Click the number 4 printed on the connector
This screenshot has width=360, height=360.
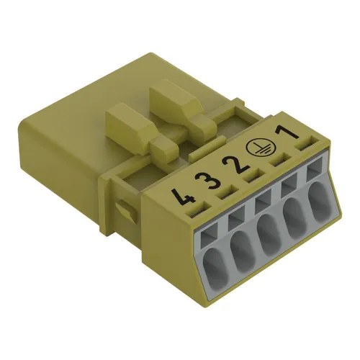coord(177,193)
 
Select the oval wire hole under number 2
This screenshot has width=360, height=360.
coord(269,236)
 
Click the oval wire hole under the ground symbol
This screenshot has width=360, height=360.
coord(296,220)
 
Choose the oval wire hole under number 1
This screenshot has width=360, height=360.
coord(320,204)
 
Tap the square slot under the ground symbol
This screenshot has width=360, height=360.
coord(290,186)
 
